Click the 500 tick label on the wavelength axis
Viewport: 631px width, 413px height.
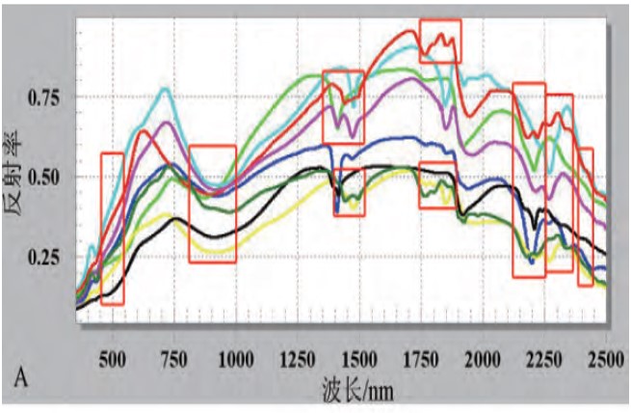(114, 358)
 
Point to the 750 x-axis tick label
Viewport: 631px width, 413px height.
(174, 358)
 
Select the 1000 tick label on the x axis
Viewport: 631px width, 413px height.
(235, 358)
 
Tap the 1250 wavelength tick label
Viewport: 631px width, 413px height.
(297, 358)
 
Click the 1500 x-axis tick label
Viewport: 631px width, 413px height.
(359, 358)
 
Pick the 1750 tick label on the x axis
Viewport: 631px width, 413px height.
(421, 358)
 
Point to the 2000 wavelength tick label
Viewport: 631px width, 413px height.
(482, 358)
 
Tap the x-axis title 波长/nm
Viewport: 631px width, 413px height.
(358, 389)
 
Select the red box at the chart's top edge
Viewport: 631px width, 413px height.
(440, 41)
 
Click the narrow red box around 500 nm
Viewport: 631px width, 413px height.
(112, 229)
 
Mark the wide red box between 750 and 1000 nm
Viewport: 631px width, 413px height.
(212, 204)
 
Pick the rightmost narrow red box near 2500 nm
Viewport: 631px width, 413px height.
(585, 217)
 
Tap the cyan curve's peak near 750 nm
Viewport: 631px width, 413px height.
(166, 89)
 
